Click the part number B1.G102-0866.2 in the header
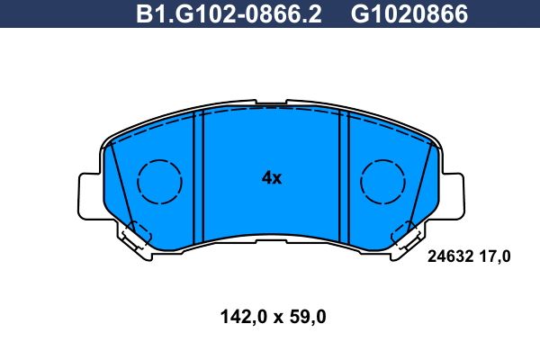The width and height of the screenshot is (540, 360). tap(229, 14)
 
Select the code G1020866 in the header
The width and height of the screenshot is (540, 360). tap(409, 14)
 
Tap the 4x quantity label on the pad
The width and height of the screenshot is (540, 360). tap(272, 178)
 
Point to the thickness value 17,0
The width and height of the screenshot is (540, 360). tap(495, 257)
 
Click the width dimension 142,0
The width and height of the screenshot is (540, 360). tap(244, 317)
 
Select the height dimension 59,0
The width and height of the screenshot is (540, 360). tap(308, 317)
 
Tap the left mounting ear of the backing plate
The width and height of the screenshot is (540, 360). tap(90, 196)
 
